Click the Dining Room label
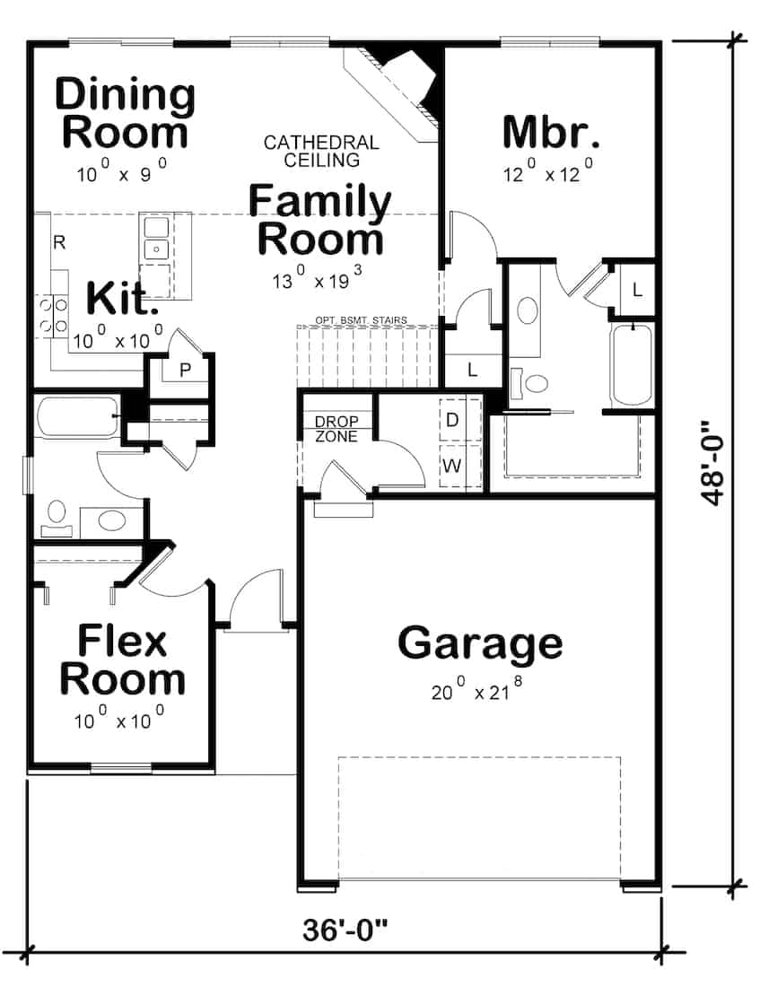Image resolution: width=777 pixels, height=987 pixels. pyautogui.click(x=125, y=113)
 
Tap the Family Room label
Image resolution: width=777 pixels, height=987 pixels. pyautogui.click(x=319, y=220)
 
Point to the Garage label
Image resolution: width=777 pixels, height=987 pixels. pyautogui.click(x=480, y=643)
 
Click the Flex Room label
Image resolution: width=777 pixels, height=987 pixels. pyautogui.click(x=122, y=661)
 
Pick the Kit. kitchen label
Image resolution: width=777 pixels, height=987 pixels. pyautogui.click(x=120, y=300)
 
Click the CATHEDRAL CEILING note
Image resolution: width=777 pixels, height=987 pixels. pyautogui.click(x=321, y=152)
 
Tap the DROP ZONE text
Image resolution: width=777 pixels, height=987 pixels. pyautogui.click(x=336, y=429)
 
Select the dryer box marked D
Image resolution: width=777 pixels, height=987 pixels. pyautogui.click(x=452, y=420)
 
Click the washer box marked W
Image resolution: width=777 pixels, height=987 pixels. pyautogui.click(x=452, y=467)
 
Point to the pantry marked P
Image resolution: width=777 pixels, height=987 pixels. pyautogui.click(x=185, y=371)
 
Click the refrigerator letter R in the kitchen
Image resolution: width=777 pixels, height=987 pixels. pyautogui.click(x=58, y=242)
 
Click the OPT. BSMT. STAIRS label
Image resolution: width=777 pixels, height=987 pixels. pyautogui.click(x=362, y=319)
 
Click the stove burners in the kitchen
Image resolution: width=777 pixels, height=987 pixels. pyautogui.click(x=51, y=317)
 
